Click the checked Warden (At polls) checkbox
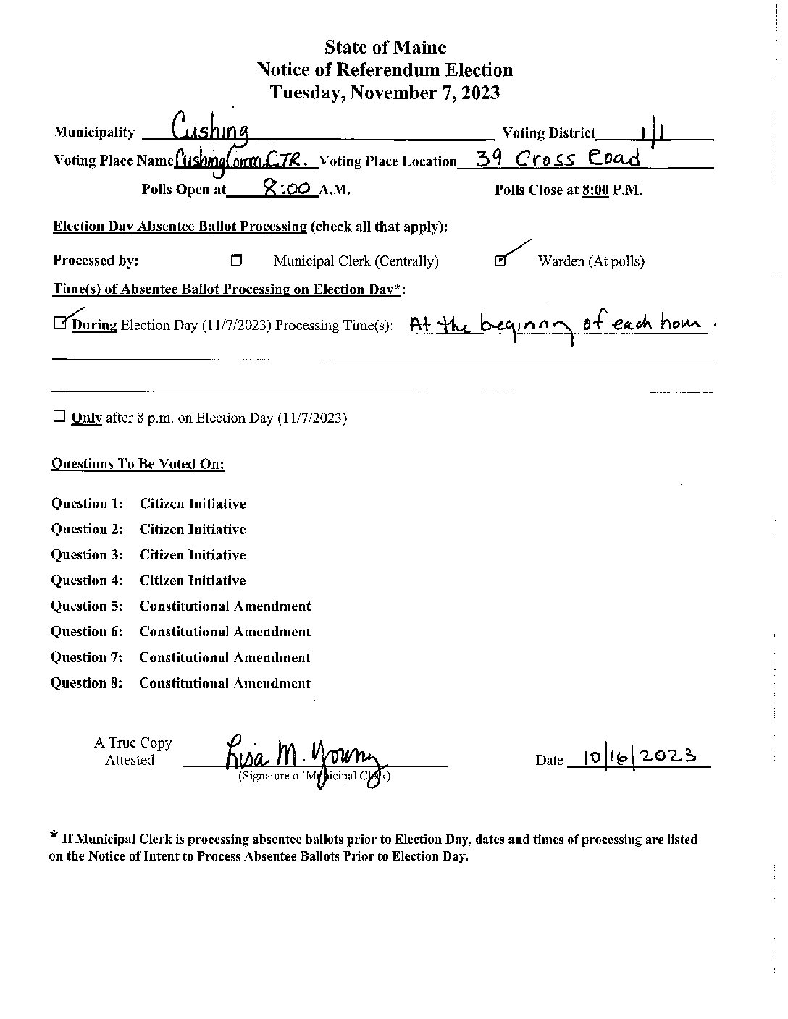click(500, 261)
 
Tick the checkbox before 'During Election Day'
click(59, 324)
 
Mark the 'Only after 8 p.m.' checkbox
click(59, 417)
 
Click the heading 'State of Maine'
click(385, 48)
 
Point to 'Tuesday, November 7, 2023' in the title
click(385, 93)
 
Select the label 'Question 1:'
click(87, 504)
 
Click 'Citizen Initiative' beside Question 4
click(193, 580)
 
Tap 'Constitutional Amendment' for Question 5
click(225, 606)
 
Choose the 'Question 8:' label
click(86, 682)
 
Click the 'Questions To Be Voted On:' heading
click(138, 464)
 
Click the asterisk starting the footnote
click(54, 837)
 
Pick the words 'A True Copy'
click(133, 743)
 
